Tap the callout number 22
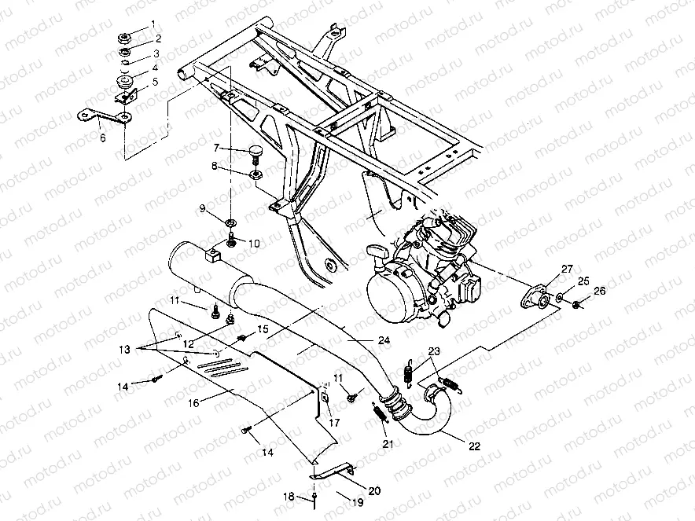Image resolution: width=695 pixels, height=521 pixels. pyautogui.click(x=474, y=446)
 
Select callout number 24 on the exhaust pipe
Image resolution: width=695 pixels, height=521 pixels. pyautogui.click(x=384, y=340)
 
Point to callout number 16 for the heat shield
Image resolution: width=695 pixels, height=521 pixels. pyautogui.click(x=193, y=402)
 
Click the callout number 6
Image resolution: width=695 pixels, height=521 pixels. pyautogui.click(x=103, y=138)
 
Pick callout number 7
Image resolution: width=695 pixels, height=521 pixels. pyautogui.click(x=217, y=148)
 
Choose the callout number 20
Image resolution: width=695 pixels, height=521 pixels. pyautogui.click(x=374, y=490)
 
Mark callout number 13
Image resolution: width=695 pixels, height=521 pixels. pyautogui.click(x=125, y=350)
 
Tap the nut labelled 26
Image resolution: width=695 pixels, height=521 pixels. pyautogui.click(x=576, y=304)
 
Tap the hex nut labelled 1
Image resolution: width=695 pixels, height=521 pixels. pyautogui.click(x=123, y=37)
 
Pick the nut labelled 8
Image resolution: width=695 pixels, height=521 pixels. pyautogui.click(x=255, y=174)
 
